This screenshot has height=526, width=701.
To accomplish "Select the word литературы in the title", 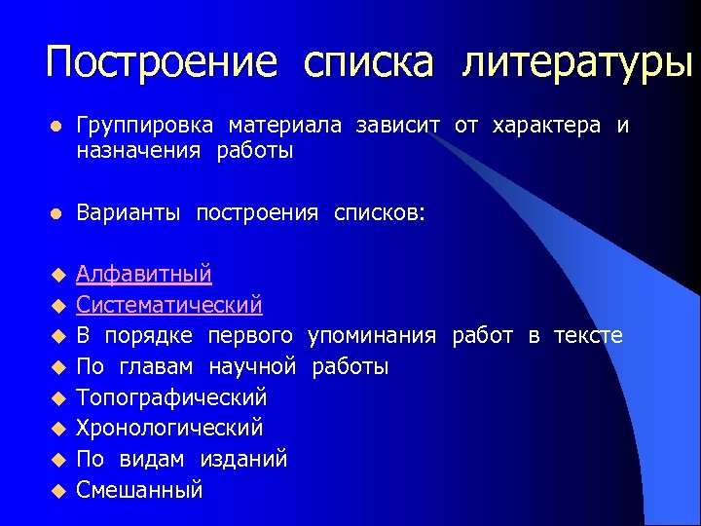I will click(x=578, y=63).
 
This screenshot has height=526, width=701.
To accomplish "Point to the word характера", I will click(x=547, y=127).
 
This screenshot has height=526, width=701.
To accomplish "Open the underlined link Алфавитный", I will click(x=144, y=275).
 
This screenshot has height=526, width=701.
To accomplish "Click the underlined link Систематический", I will click(x=169, y=305).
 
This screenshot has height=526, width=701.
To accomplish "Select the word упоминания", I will click(x=372, y=336).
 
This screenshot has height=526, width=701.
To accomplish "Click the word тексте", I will click(x=588, y=336).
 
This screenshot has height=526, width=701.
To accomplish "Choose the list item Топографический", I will click(x=171, y=397).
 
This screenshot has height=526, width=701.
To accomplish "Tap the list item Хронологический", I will click(x=169, y=428).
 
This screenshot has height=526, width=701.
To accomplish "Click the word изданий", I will click(x=244, y=459).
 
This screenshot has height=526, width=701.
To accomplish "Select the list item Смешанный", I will click(x=139, y=489).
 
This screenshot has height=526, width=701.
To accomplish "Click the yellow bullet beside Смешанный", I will click(x=57, y=490).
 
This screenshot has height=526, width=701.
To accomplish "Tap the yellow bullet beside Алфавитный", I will click(x=57, y=276).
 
